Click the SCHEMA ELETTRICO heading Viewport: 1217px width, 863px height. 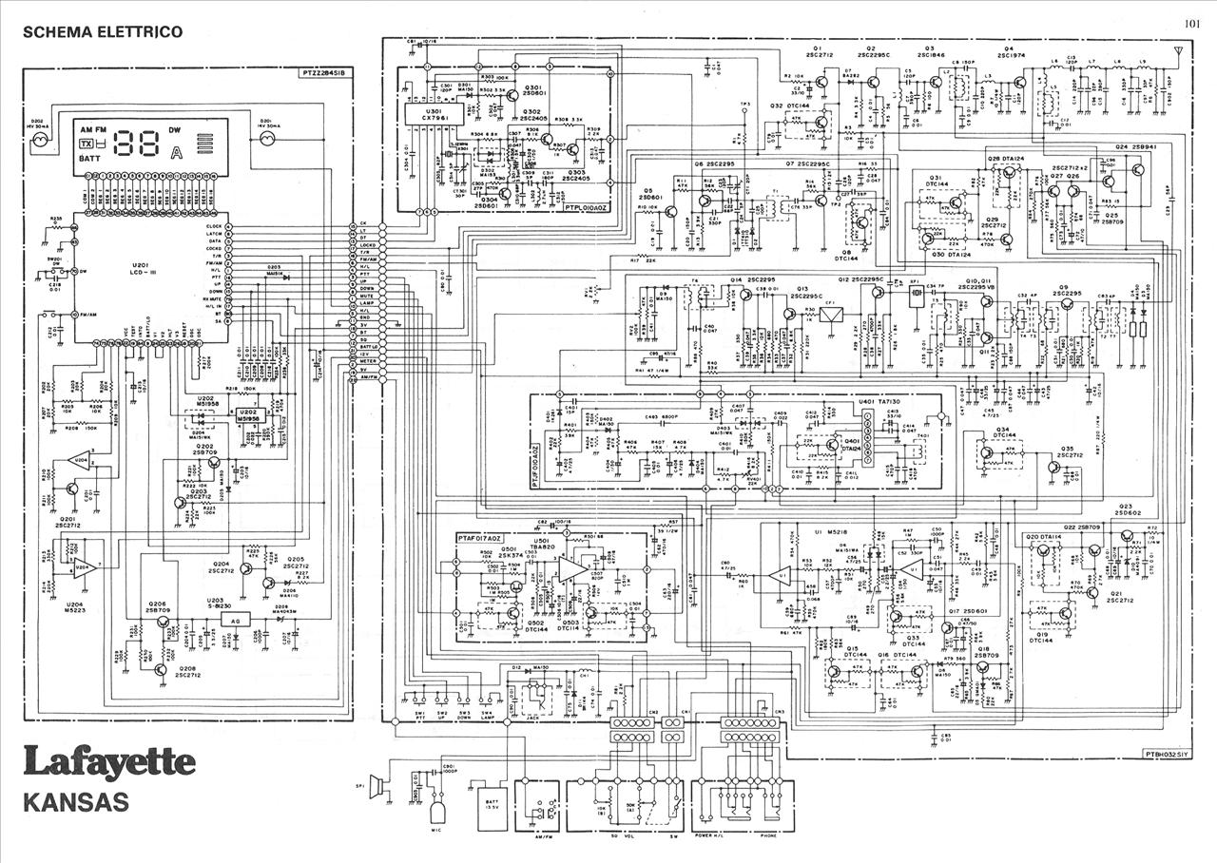point(103,32)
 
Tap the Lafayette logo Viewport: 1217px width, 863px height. point(109,762)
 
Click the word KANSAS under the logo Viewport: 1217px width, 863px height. point(76,802)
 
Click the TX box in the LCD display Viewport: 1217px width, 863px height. point(87,144)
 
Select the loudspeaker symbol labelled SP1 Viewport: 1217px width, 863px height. point(377,786)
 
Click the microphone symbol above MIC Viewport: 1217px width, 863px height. point(437,811)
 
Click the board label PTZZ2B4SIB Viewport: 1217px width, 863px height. point(326,72)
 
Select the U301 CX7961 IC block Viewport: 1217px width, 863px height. point(434,115)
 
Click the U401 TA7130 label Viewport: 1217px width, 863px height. point(881,402)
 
